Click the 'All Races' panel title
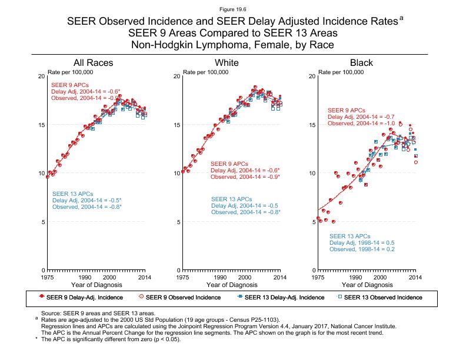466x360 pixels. click(93, 63)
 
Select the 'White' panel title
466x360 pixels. click(227, 63)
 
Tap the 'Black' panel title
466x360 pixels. click(361, 63)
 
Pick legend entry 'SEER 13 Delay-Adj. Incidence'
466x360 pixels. click(279, 298)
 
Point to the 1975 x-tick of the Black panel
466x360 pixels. click(318, 276)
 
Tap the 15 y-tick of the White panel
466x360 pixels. click(177, 125)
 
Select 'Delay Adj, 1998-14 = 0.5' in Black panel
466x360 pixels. click(361, 242)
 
